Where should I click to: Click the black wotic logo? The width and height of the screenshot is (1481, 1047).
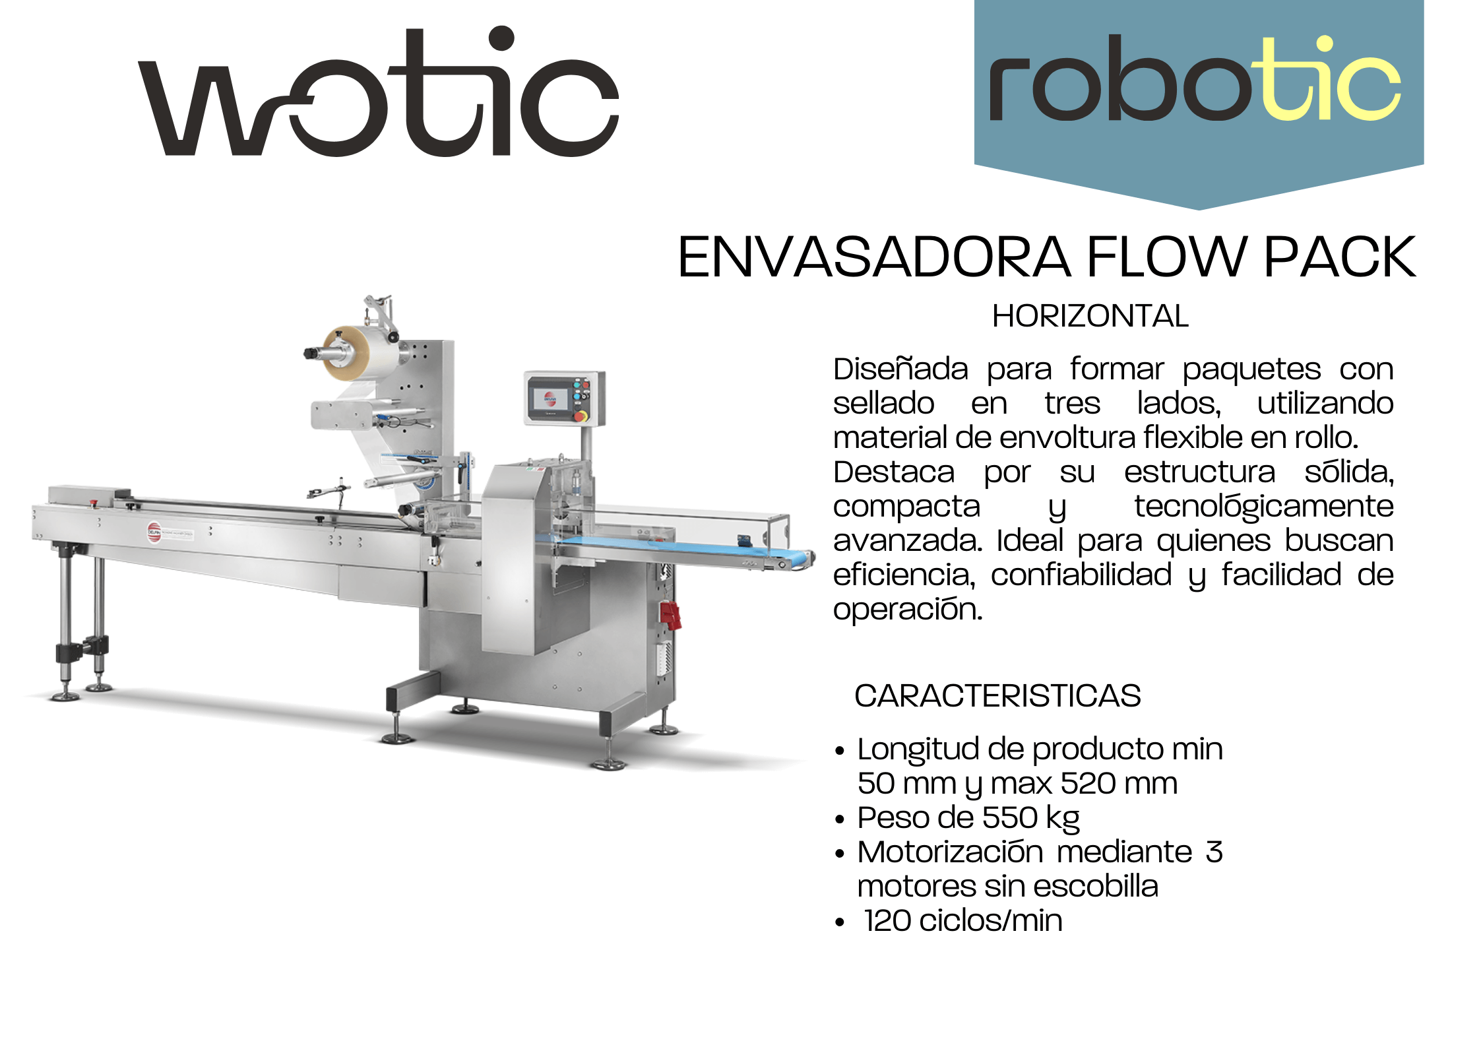click(378, 92)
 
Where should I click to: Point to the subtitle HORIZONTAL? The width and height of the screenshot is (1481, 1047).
click(1090, 316)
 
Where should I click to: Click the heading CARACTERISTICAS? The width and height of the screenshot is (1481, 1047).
click(997, 695)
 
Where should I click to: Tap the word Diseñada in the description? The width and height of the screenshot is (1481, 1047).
click(900, 369)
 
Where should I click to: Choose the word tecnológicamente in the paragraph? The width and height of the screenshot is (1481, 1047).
click(1263, 507)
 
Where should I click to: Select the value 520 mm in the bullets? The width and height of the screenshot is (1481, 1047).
click(1119, 783)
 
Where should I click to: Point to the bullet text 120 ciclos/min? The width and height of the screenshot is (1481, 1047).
click(964, 920)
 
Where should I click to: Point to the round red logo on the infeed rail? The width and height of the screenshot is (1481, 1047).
click(154, 532)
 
